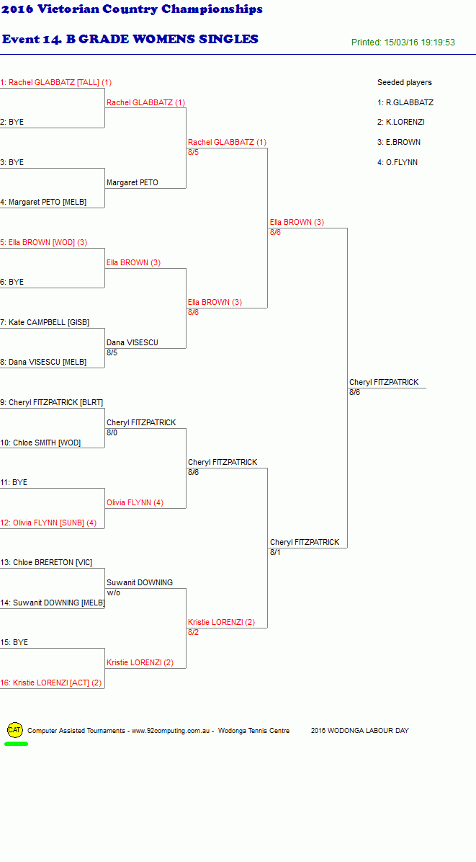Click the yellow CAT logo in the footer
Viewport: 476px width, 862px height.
(x=14, y=730)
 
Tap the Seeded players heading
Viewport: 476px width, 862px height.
(x=405, y=82)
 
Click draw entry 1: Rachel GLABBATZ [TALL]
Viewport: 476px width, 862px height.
(x=56, y=82)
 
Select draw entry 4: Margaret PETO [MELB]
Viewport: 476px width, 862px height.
(x=43, y=202)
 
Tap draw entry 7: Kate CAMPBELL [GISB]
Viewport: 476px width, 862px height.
(x=45, y=322)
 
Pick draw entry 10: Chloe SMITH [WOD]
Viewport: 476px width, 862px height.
(x=40, y=443)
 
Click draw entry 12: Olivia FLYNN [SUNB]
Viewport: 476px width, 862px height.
(x=48, y=523)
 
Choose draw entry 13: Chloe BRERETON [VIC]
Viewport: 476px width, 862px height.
(x=46, y=562)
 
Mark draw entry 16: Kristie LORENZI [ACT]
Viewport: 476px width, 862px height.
(x=51, y=683)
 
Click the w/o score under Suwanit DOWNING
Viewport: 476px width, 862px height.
(x=113, y=592)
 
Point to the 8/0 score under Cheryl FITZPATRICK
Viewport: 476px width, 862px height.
(x=112, y=432)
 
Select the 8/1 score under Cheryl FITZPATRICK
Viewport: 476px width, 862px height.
(x=275, y=553)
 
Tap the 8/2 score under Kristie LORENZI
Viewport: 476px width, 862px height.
(x=193, y=632)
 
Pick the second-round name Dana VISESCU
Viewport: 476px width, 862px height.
(x=133, y=342)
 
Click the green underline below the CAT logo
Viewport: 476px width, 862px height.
(x=16, y=745)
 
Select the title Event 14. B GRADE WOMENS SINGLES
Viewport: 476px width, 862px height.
(x=130, y=39)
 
